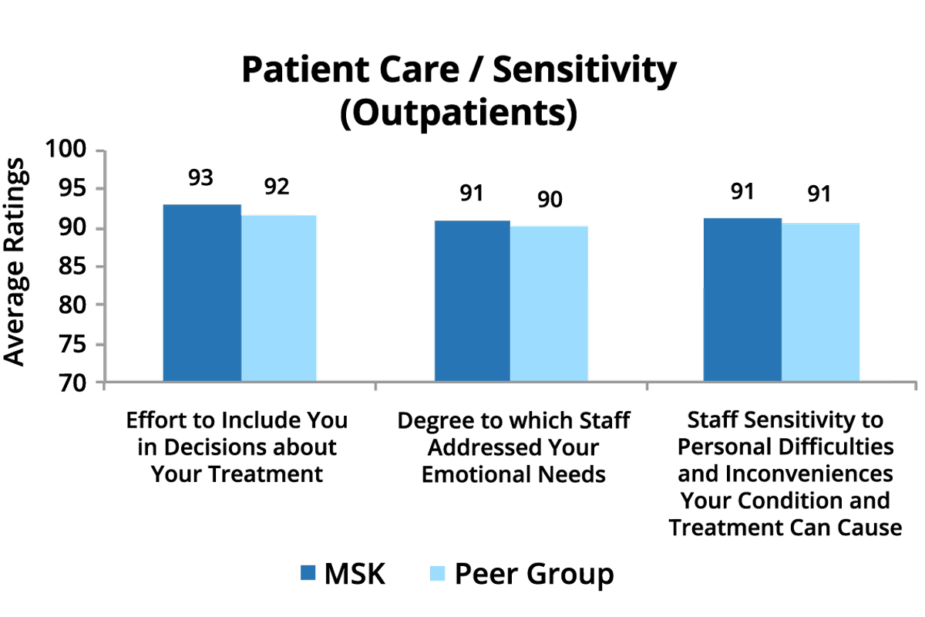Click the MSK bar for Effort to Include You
(x=202, y=293)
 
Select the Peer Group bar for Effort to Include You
(x=278, y=298)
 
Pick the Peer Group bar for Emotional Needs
(x=548, y=304)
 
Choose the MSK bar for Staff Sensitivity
(x=742, y=300)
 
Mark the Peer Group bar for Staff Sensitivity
(x=820, y=302)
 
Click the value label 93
(x=201, y=178)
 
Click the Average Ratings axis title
(x=17, y=262)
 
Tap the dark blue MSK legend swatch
(x=308, y=573)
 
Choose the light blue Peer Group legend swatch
(x=436, y=573)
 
